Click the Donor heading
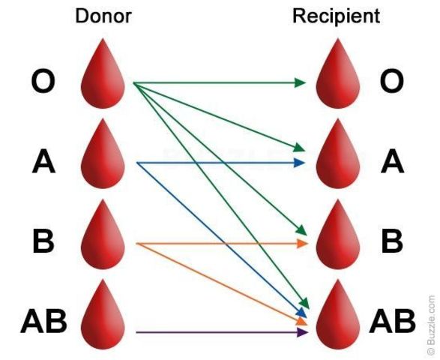pyautogui.click(x=103, y=16)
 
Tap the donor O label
pyautogui.click(x=43, y=82)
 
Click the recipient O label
pyautogui.click(x=391, y=82)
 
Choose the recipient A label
pyautogui.click(x=391, y=162)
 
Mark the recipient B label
pyautogui.click(x=391, y=241)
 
